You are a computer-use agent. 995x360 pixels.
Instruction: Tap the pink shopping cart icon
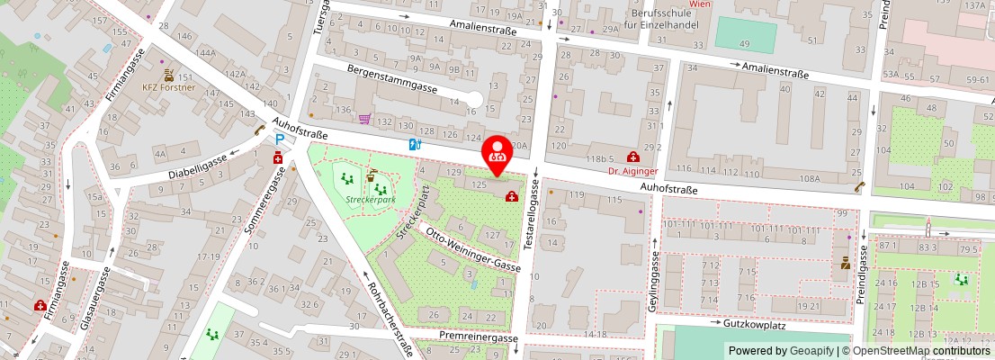[364, 119]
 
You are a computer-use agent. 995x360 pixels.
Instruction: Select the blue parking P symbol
[281, 139]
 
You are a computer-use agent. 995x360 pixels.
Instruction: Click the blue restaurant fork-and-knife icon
[415, 143]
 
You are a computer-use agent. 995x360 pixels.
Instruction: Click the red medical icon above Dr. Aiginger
[632, 156]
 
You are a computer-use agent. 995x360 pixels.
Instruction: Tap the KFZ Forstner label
[168, 88]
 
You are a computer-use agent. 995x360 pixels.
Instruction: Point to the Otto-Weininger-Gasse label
[473, 252]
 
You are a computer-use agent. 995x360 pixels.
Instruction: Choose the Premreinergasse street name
[479, 337]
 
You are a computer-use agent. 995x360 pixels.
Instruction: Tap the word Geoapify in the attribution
[812, 351]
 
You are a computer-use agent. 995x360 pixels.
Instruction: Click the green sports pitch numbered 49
[745, 36]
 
